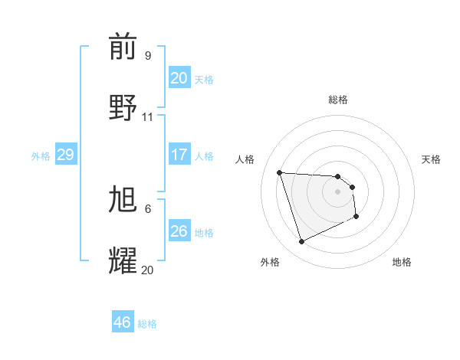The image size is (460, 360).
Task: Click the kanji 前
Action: coord(123,47)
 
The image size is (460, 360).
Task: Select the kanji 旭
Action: coord(123,200)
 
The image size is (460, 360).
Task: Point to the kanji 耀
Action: coord(123,260)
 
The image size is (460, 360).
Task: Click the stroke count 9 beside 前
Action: coord(147,56)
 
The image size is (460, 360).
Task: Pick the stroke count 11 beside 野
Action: coord(148,117)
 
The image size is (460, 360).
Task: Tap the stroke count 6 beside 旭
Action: coord(147,208)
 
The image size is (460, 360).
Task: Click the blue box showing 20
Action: coord(179,78)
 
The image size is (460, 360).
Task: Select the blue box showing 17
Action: coord(179,155)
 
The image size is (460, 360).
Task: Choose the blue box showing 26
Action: coord(179,231)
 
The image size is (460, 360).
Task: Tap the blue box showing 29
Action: coord(65,155)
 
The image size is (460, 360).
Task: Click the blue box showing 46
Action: coord(122,322)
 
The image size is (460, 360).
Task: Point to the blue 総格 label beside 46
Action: coord(147,324)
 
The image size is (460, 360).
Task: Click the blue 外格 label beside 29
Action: coord(41,156)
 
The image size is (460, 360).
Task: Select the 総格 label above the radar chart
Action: coord(338,100)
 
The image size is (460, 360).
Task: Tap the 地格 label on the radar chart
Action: coord(402,262)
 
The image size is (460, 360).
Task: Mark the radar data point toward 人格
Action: coord(280,172)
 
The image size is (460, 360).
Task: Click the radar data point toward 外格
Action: coord(301,242)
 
